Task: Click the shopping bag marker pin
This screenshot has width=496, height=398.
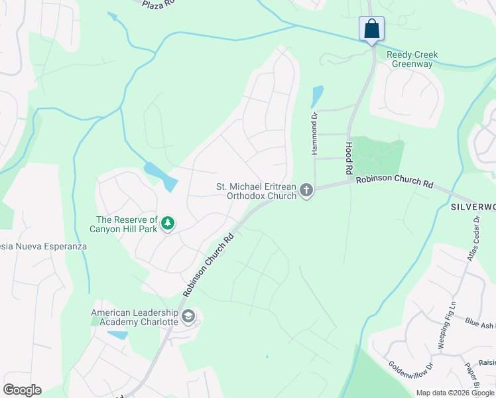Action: click(371, 29)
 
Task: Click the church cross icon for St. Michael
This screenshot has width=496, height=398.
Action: click(306, 191)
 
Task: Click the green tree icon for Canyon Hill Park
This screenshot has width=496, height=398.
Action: click(168, 224)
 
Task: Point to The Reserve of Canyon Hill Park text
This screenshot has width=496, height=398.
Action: click(126, 224)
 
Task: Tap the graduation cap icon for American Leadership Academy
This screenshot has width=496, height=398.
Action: click(188, 317)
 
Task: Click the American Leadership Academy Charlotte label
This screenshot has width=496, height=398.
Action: click(135, 317)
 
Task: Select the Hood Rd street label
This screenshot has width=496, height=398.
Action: click(348, 157)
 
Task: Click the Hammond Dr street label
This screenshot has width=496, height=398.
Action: click(315, 133)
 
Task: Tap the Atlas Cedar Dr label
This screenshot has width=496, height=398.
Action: click(473, 239)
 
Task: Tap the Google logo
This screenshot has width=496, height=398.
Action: click(22, 390)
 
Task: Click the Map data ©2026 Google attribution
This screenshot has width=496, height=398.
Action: click(455, 393)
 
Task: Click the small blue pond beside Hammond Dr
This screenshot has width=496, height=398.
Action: click(317, 97)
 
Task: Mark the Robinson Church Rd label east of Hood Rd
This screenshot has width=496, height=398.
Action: click(393, 182)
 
